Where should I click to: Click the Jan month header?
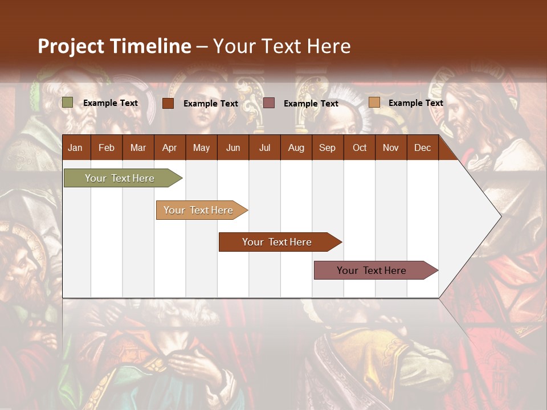click(75, 148)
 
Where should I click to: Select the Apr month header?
click(169, 148)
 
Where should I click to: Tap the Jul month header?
click(264, 148)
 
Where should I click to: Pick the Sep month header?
click(327, 148)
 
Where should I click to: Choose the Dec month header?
click(422, 148)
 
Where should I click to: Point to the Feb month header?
click(107, 148)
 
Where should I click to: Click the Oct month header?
click(360, 148)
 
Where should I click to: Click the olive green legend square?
click(68, 102)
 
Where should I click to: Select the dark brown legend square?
click(168, 103)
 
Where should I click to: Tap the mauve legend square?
click(269, 102)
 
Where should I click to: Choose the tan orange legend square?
click(374, 102)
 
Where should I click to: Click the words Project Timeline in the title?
click(114, 46)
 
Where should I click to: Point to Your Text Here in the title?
click(282, 46)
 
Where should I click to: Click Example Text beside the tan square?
click(415, 103)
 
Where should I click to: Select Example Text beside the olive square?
click(111, 103)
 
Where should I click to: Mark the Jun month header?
click(233, 148)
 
